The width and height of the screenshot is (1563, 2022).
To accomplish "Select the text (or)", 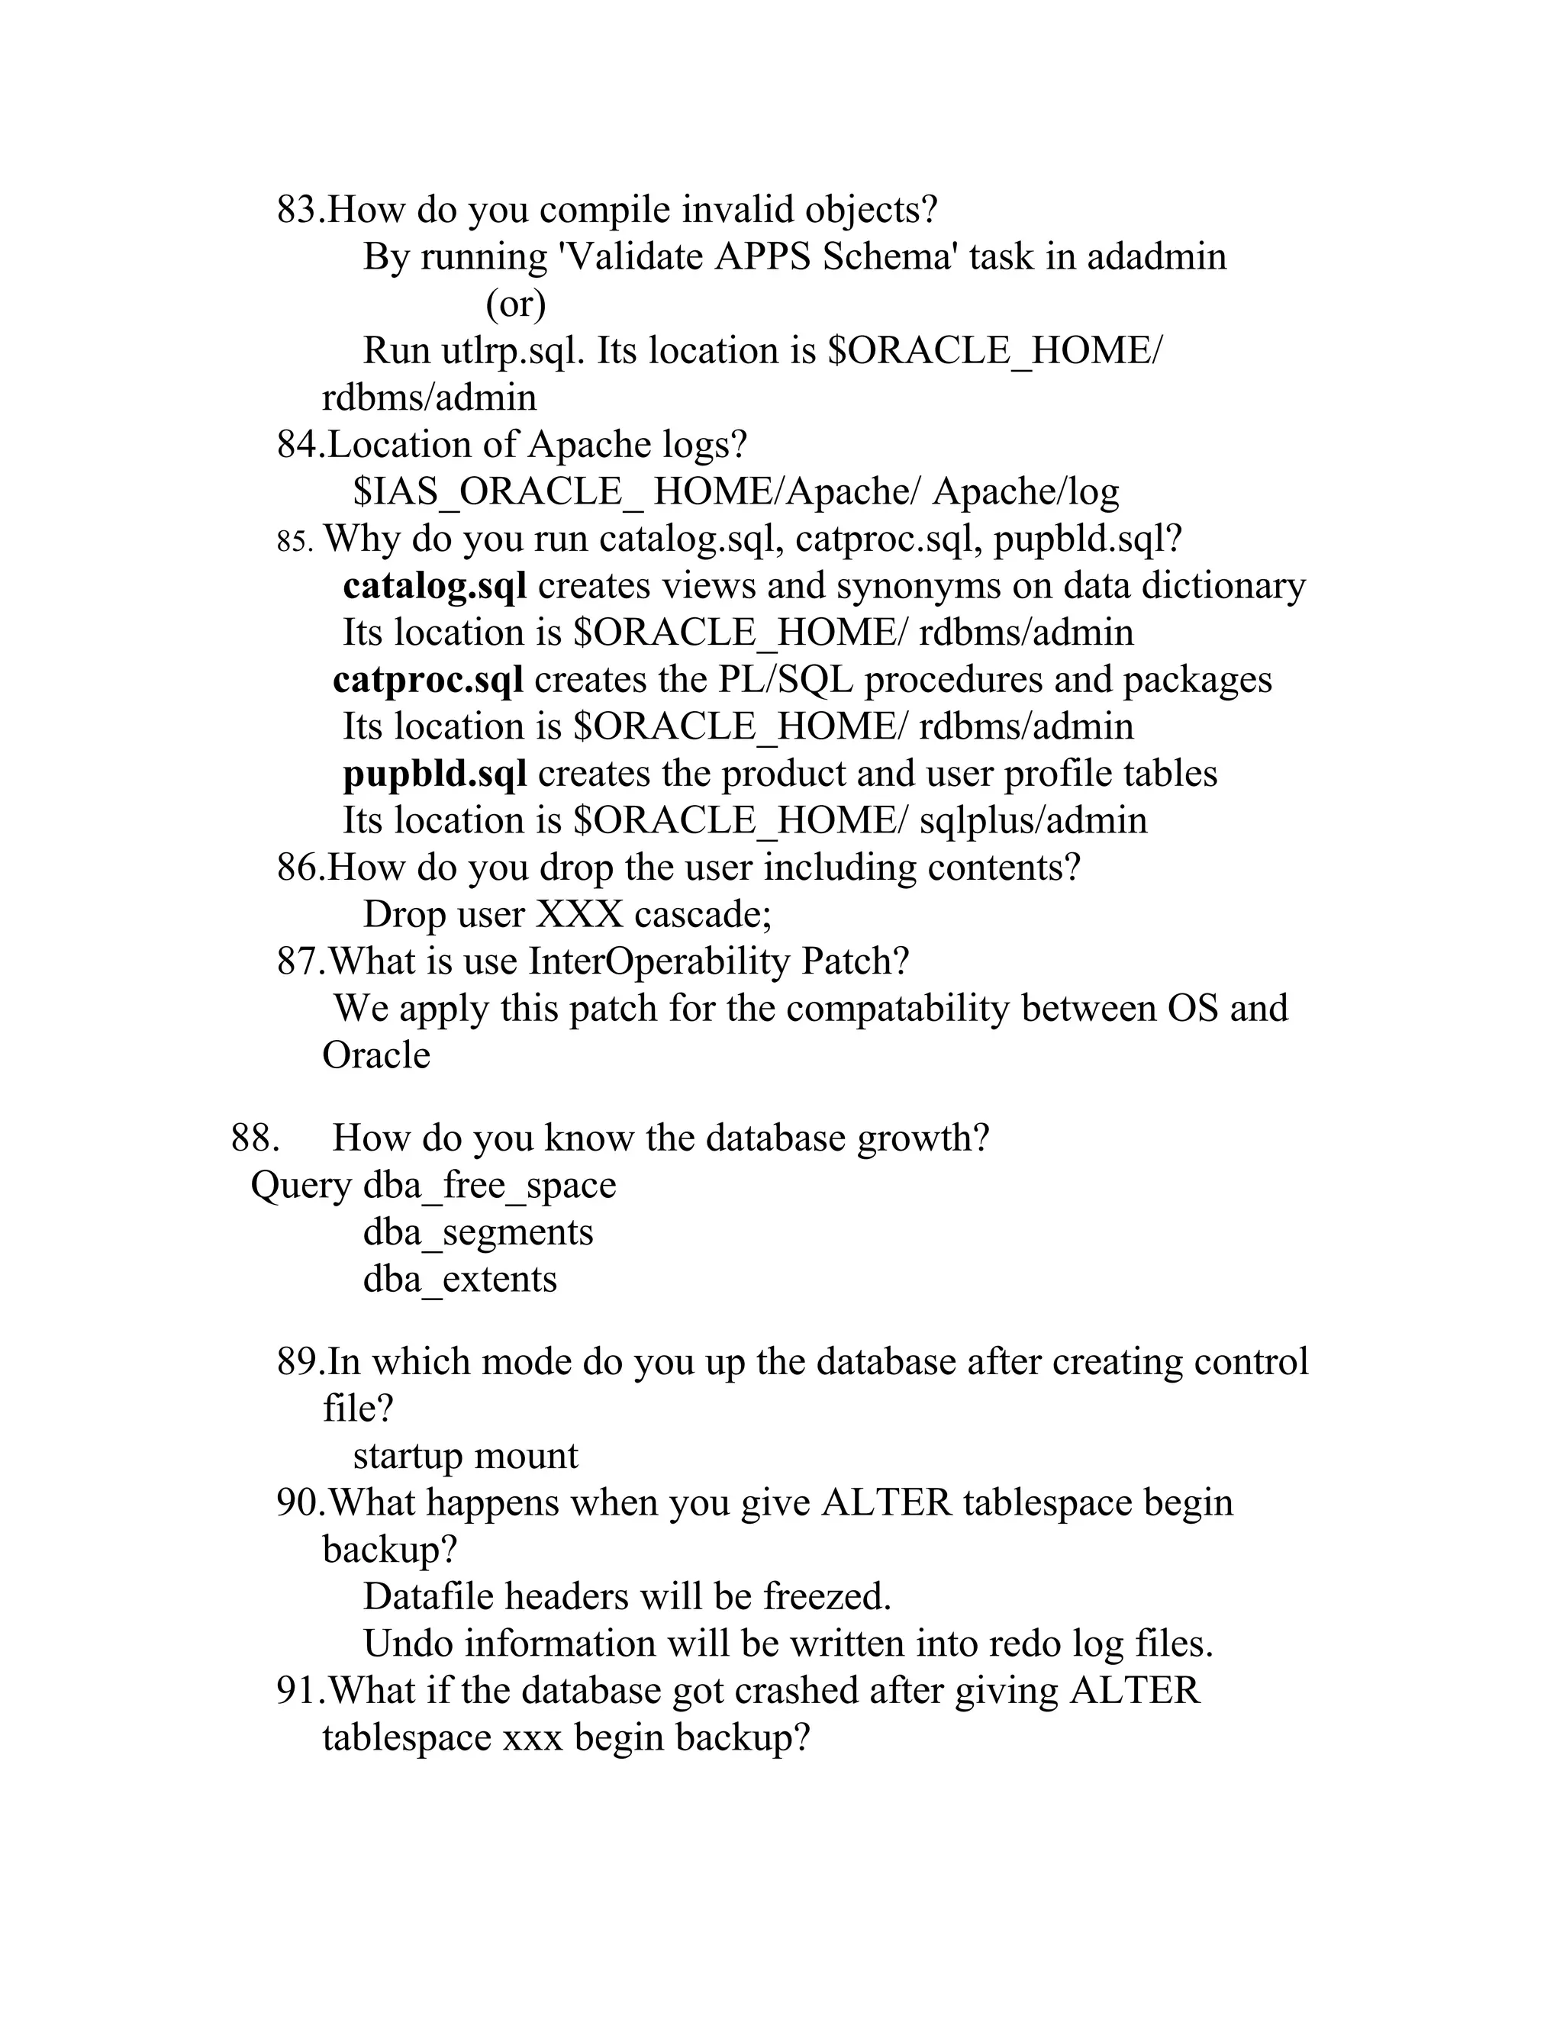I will [516, 304].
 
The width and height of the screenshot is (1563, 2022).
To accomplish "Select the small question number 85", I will [295, 542].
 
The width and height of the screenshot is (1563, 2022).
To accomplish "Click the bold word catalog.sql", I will [434, 586].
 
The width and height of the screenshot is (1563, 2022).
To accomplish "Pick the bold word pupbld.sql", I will [434, 774].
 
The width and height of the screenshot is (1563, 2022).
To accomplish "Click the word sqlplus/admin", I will [1033, 820].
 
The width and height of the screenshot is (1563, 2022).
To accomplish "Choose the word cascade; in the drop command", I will [703, 915].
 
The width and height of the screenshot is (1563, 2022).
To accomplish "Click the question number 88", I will [255, 1138].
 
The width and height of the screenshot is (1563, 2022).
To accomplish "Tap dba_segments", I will [478, 1233].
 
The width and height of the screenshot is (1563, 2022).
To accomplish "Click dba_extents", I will [459, 1280].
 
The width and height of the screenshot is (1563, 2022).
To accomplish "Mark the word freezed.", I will [826, 1597].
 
